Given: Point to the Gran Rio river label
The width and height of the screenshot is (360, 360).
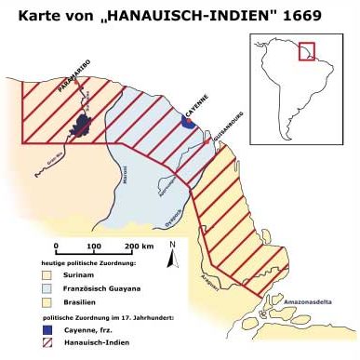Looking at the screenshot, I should [x=54, y=157].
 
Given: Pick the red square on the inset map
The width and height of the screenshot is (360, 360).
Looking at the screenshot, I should [x=306, y=51].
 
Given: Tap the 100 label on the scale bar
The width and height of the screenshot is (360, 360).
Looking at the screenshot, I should [x=94, y=246].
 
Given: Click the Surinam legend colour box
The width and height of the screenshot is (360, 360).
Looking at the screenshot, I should [x=44, y=274].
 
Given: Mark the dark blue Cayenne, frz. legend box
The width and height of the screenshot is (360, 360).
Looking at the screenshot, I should [x=44, y=328].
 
